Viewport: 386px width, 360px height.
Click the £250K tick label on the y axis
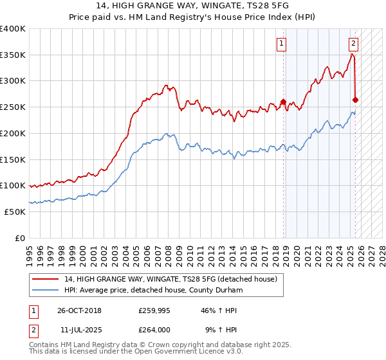pos(13,107)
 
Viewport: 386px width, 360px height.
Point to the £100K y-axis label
pos(13,185)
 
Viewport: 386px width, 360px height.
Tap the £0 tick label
pos(20,238)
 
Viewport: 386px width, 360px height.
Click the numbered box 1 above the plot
pos(282,44)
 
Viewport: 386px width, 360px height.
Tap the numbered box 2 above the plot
pos(353,44)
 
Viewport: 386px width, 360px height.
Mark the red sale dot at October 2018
pos(283,102)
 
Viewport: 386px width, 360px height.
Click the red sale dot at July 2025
pos(355,100)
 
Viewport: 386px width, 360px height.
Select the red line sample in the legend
pos(45,279)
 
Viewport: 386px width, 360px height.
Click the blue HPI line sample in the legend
pos(45,291)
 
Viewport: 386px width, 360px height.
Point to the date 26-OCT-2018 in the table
pos(75,310)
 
